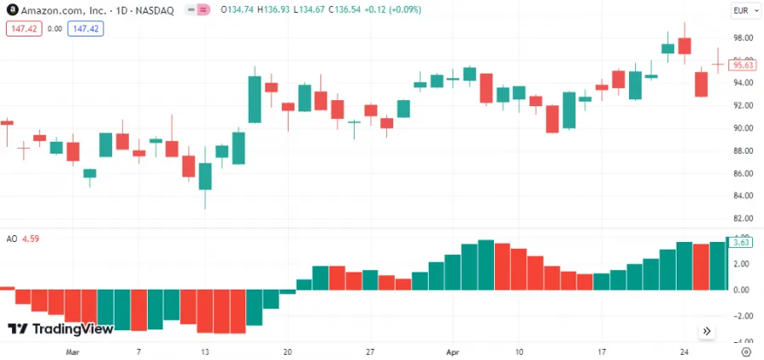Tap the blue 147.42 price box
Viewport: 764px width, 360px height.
86,28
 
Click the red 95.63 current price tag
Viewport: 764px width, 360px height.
743,65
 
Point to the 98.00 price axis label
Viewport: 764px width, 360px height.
744,38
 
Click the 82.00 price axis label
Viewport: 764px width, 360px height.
744,196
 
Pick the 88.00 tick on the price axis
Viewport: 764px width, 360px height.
744,151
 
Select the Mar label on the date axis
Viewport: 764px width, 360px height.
72,351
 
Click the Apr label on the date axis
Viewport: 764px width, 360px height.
452,351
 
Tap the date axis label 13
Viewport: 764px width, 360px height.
205,351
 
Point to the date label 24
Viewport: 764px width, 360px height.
684,351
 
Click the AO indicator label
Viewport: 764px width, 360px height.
12,239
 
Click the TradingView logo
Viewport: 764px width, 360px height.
60,329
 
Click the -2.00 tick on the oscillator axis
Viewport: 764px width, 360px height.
742,316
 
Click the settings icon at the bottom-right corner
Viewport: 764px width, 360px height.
745,351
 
